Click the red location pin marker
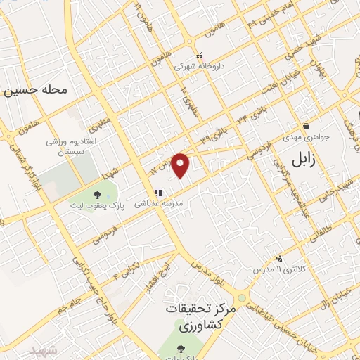tap(181, 165)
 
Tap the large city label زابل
tap(304, 160)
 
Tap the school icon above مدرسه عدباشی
tap(159, 192)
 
